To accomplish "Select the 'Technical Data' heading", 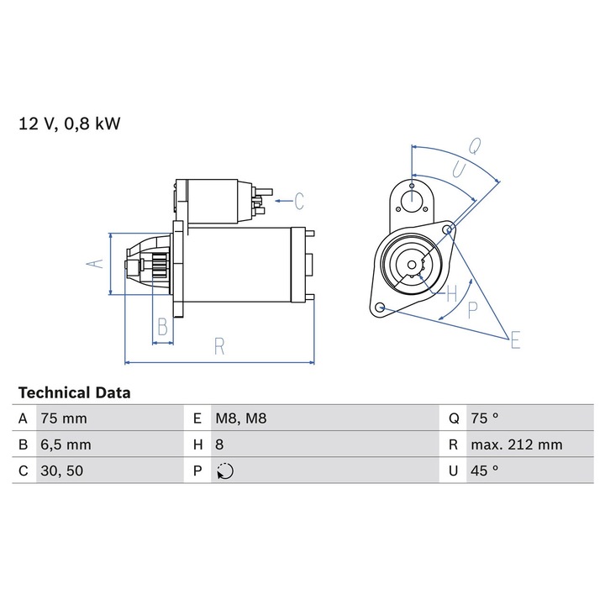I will click(75, 392).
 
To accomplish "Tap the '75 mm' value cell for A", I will click(63, 418).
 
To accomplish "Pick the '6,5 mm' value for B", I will click(66, 445).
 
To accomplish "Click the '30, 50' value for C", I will click(62, 471).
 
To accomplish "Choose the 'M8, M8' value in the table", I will click(241, 418).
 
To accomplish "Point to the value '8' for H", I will click(220, 445).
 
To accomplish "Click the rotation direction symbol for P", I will click(224, 471).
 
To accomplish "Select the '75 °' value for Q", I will click(485, 418).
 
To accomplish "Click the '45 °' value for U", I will click(485, 471).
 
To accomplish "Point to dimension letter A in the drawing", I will click(97, 264).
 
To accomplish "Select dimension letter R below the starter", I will click(218, 346).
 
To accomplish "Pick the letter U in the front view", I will click(460, 168).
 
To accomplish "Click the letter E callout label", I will click(515, 339).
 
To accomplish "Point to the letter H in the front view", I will click(452, 293).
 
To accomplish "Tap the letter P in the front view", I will click(472, 309).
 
